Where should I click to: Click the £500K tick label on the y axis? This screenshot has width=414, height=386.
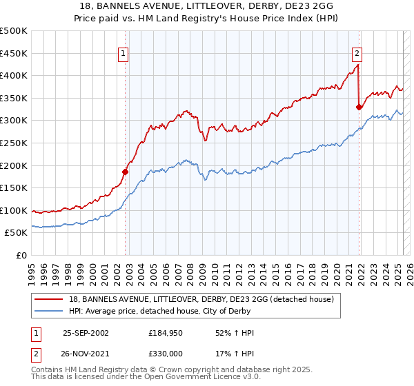pyautogui.click(x=13, y=31)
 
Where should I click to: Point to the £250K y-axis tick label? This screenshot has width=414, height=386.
pyautogui.click(x=13, y=143)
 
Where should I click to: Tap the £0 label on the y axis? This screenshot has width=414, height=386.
pyautogui.click(x=21, y=255)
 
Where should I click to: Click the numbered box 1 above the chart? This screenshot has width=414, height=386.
pyautogui.click(x=123, y=52)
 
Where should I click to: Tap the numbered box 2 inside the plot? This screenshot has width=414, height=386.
pyautogui.click(x=357, y=52)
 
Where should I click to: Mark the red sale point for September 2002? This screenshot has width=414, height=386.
pyautogui.click(x=126, y=172)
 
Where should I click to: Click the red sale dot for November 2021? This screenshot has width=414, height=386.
pyautogui.click(x=359, y=107)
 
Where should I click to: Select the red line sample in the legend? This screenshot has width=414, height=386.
pyautogui.click(x=50, y=299)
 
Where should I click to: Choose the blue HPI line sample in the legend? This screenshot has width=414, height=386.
pyautogui.click(x=50, y=311)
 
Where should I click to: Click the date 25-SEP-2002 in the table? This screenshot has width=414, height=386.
pyautogui.click(x=86, y=333)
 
